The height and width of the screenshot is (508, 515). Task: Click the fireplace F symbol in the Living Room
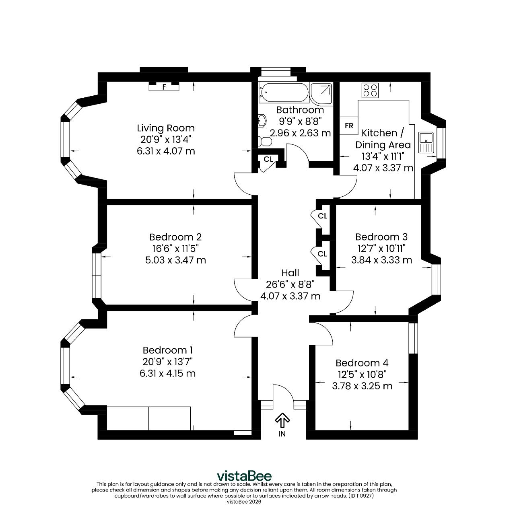[164, 86]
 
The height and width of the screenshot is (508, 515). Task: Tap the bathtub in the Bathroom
[284, 93]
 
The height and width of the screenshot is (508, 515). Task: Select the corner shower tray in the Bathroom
[322, 94]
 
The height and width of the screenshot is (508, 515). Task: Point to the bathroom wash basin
[262, 121]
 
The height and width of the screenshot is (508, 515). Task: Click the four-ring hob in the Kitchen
[370, 90]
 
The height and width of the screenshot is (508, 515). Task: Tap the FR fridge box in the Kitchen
[349, 125]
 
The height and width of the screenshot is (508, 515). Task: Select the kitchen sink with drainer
[426, 142]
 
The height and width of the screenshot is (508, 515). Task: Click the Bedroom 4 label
[362, 363]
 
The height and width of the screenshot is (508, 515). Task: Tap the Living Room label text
[166, 128]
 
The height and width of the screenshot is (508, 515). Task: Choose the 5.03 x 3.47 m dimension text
[175, 260]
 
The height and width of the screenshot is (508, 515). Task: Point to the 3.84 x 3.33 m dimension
[381, 260]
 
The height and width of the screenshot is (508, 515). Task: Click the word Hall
[290, 273]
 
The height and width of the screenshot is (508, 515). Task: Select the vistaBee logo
[244, 476]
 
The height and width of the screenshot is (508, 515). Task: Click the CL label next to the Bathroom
[268, 159]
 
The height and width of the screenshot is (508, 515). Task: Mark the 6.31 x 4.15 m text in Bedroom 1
[167, 373]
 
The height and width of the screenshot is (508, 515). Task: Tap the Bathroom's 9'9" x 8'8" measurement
[300, 121]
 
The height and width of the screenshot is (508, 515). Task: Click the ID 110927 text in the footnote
[361, 496]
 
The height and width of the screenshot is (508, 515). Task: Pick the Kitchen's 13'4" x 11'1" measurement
[383, 156]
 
